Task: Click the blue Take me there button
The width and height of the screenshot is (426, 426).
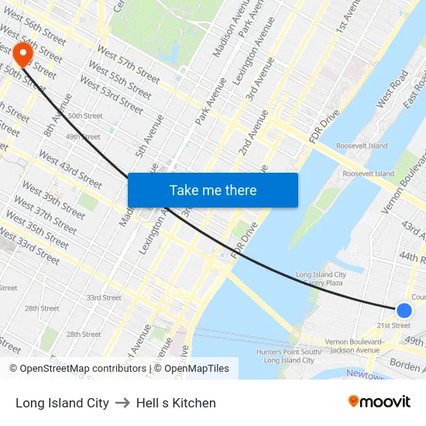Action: point(213,190)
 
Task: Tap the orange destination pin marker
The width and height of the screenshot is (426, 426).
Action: point(22,53)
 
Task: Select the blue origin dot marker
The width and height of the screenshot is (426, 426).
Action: point(404,311)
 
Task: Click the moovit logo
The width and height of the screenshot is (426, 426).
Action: point(379,401)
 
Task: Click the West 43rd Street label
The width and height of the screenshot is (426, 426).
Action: point(70,170)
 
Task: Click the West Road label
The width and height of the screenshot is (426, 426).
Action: point(392,89)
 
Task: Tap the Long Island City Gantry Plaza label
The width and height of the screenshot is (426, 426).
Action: point(321,280)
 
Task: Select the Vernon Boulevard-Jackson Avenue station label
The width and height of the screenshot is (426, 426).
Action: point(357,345)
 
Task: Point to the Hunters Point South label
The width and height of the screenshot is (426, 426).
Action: point(287,356)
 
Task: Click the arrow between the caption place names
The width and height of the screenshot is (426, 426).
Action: point(122,403)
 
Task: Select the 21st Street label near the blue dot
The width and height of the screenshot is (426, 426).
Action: point(393,325)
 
